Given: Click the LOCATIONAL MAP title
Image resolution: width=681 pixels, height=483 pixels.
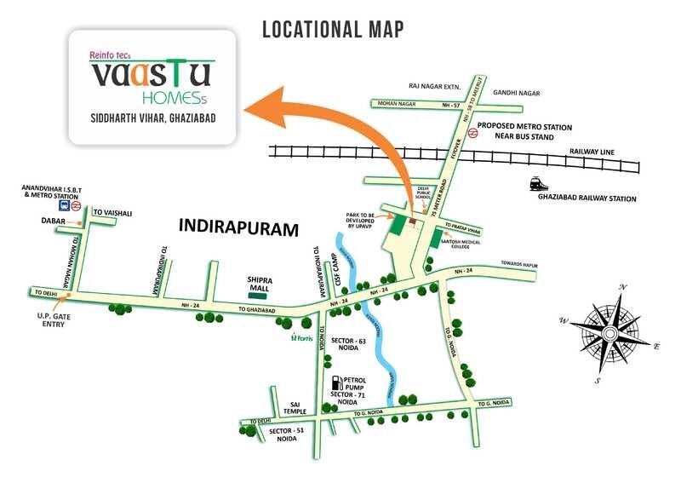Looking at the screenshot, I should click(333, 29).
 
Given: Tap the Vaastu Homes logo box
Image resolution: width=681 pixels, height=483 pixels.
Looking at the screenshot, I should click(151, 86).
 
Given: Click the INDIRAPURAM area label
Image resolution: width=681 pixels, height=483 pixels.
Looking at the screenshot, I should click(241, 228).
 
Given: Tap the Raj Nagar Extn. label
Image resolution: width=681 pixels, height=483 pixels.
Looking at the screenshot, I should click(435, 86).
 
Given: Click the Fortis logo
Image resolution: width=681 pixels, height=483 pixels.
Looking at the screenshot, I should click(302, 337).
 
